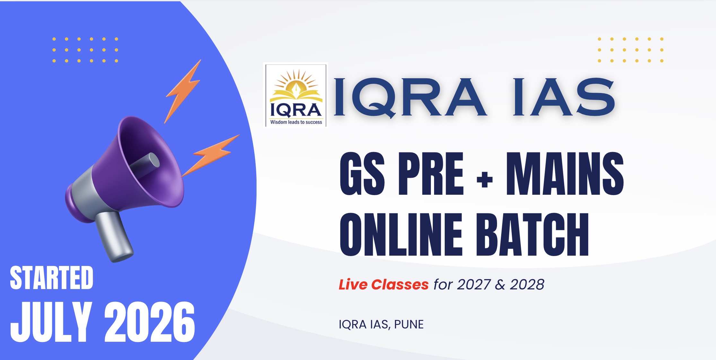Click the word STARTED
pos(52,278)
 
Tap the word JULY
pos(51,322)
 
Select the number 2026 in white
pos(150,322)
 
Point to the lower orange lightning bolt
pos(210,155)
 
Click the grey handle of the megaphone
pos(114,236)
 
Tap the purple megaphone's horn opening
pos(151,160)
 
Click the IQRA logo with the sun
pos(295,95)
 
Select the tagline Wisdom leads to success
pos(296,122)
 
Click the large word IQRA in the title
pos(410,97)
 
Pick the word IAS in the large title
pos(564,97)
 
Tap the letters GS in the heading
pos(362,174)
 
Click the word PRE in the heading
pos(431,174)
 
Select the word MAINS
pos(565,174)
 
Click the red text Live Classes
pos(384,285)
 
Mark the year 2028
pos(527,285)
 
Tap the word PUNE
pos(409,324)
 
